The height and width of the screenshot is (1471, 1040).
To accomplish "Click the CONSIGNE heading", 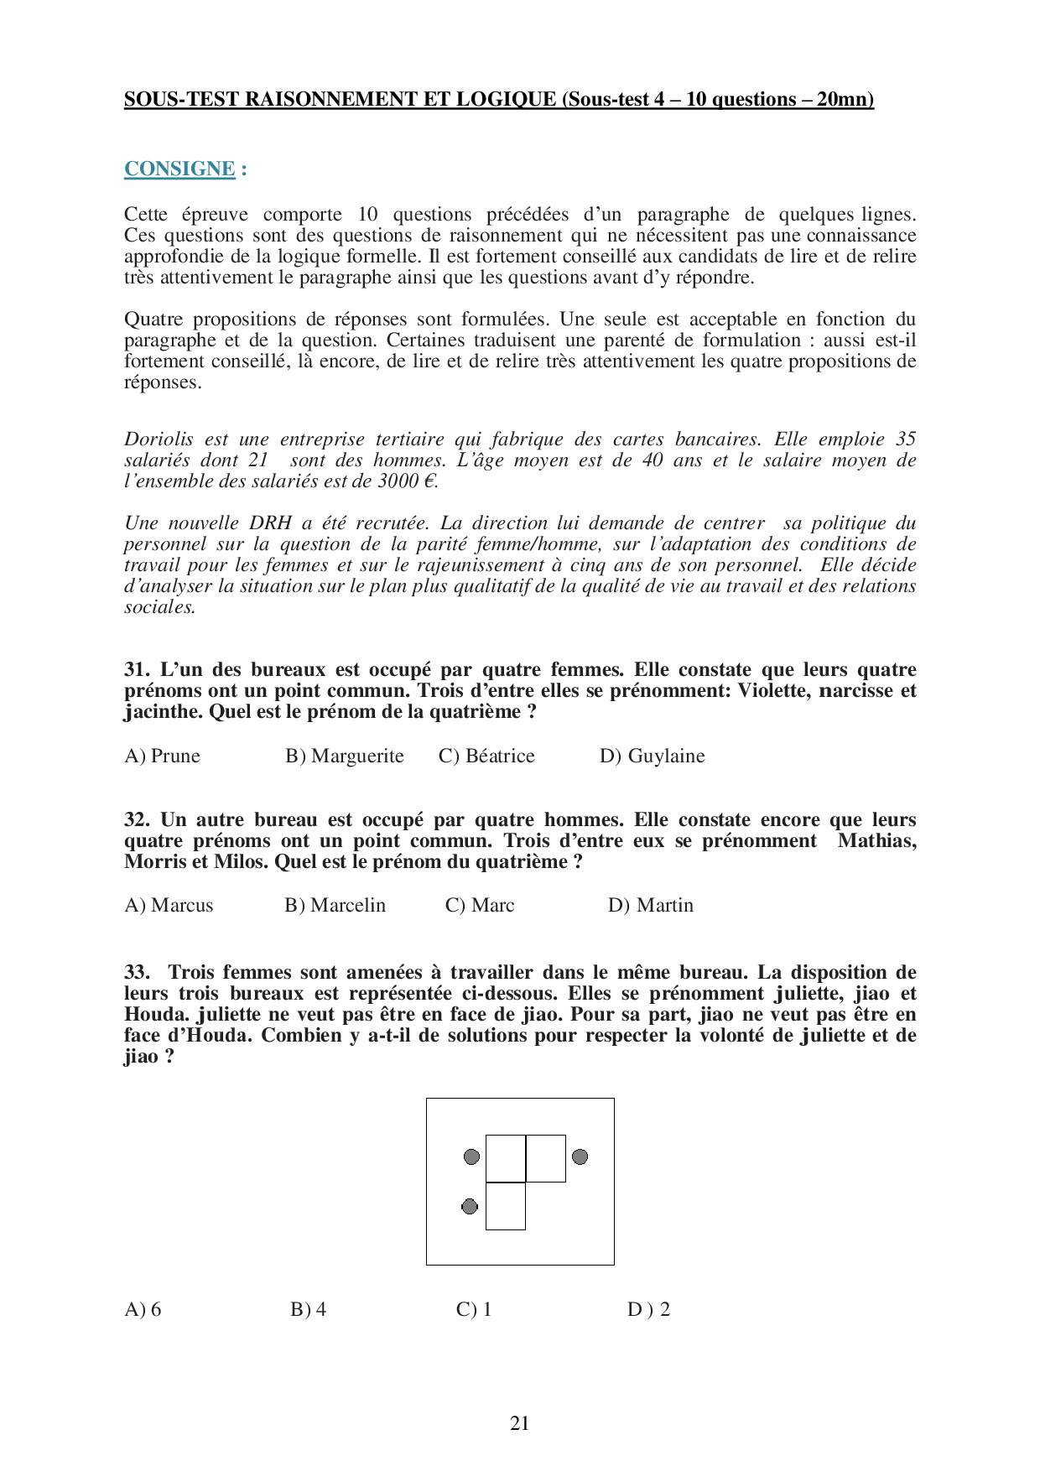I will click(x=179, y=169).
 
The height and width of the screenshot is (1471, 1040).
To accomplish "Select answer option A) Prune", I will click(x=163, y=756).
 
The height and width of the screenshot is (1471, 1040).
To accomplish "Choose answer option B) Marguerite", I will click(x=345, y=756).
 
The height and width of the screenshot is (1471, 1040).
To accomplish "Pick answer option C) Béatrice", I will click(x=486, y=756).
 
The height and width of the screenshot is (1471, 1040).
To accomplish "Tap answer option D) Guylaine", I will click(x=652, y=756).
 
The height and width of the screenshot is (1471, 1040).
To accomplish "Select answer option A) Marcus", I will click(x=169, y=905).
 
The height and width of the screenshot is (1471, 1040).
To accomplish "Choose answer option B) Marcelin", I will click(x=335, y=905).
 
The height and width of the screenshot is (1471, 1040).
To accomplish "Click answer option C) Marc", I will click(x=480, y=905).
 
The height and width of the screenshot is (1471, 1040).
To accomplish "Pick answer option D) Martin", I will click(x=651, y=905).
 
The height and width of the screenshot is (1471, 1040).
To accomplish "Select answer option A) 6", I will click(x=143, y=1309).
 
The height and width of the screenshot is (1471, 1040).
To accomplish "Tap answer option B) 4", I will click(x=308, y=1309).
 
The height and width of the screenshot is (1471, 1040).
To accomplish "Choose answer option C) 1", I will click(x=474, y=1309).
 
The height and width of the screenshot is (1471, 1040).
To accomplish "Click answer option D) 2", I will click(x=648, y=1309).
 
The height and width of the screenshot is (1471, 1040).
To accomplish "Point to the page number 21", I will click(x=519, y=1423).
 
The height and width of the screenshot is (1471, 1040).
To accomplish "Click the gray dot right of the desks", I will click(x=580, y=1157).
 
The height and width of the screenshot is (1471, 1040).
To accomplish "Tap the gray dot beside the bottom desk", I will click(x=470, y=1206).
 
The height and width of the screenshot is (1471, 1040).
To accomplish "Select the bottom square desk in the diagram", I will click(x=506, y=1206).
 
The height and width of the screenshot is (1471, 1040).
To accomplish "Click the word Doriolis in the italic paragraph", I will click(x=159, y=439).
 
